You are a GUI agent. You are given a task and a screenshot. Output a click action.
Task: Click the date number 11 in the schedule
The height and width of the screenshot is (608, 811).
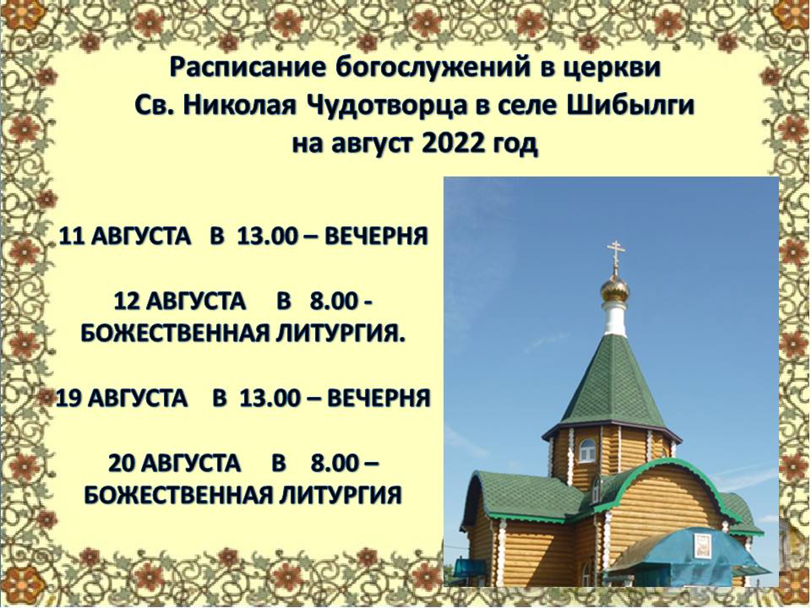click(x=72, y=236)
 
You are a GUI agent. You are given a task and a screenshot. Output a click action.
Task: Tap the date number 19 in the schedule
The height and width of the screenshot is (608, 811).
click(x=68, y=398)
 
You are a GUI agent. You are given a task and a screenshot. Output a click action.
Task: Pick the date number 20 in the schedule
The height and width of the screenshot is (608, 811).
click(x=122, y=463)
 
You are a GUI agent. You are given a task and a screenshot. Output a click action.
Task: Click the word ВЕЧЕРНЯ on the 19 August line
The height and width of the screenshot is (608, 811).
click(x=379, y=398)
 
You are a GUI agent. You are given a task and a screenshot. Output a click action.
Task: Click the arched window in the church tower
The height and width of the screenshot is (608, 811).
click(x=588, y=450)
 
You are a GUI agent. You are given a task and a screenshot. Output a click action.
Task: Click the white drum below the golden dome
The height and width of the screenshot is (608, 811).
click(x=615, y=318)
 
